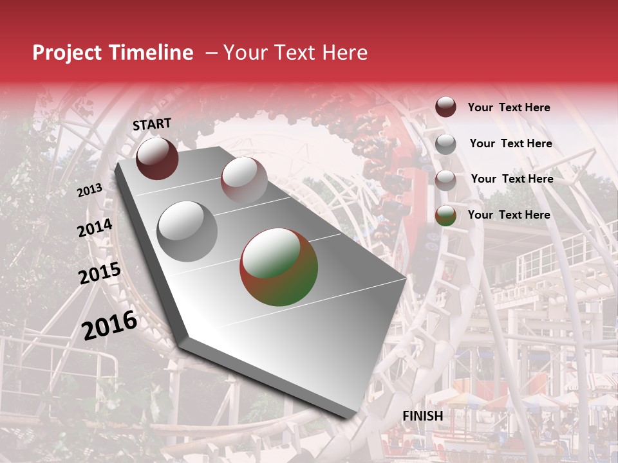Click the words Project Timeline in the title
click(x=113, y=53)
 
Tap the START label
click(x=152, y=124)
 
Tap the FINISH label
click(x=422, y=416)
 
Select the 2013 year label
click(x=89, y=190)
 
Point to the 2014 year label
click(x=95, y=228)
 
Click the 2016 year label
click(x=109, y=325)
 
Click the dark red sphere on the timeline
click(x=157, y=158)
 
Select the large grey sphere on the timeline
click(x=187, y=232)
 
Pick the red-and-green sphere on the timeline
click(x=279, y=267)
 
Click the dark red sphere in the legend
click(x=445, y=107)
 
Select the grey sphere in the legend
click(x=445, y=144)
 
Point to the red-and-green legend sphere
click(x=445, y=215)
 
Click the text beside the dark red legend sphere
click(x=509, y=107)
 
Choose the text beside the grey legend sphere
click(x=510, y=143)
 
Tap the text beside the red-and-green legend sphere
click(x=509, y=215)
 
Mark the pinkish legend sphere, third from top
click(x=445, y=180)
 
